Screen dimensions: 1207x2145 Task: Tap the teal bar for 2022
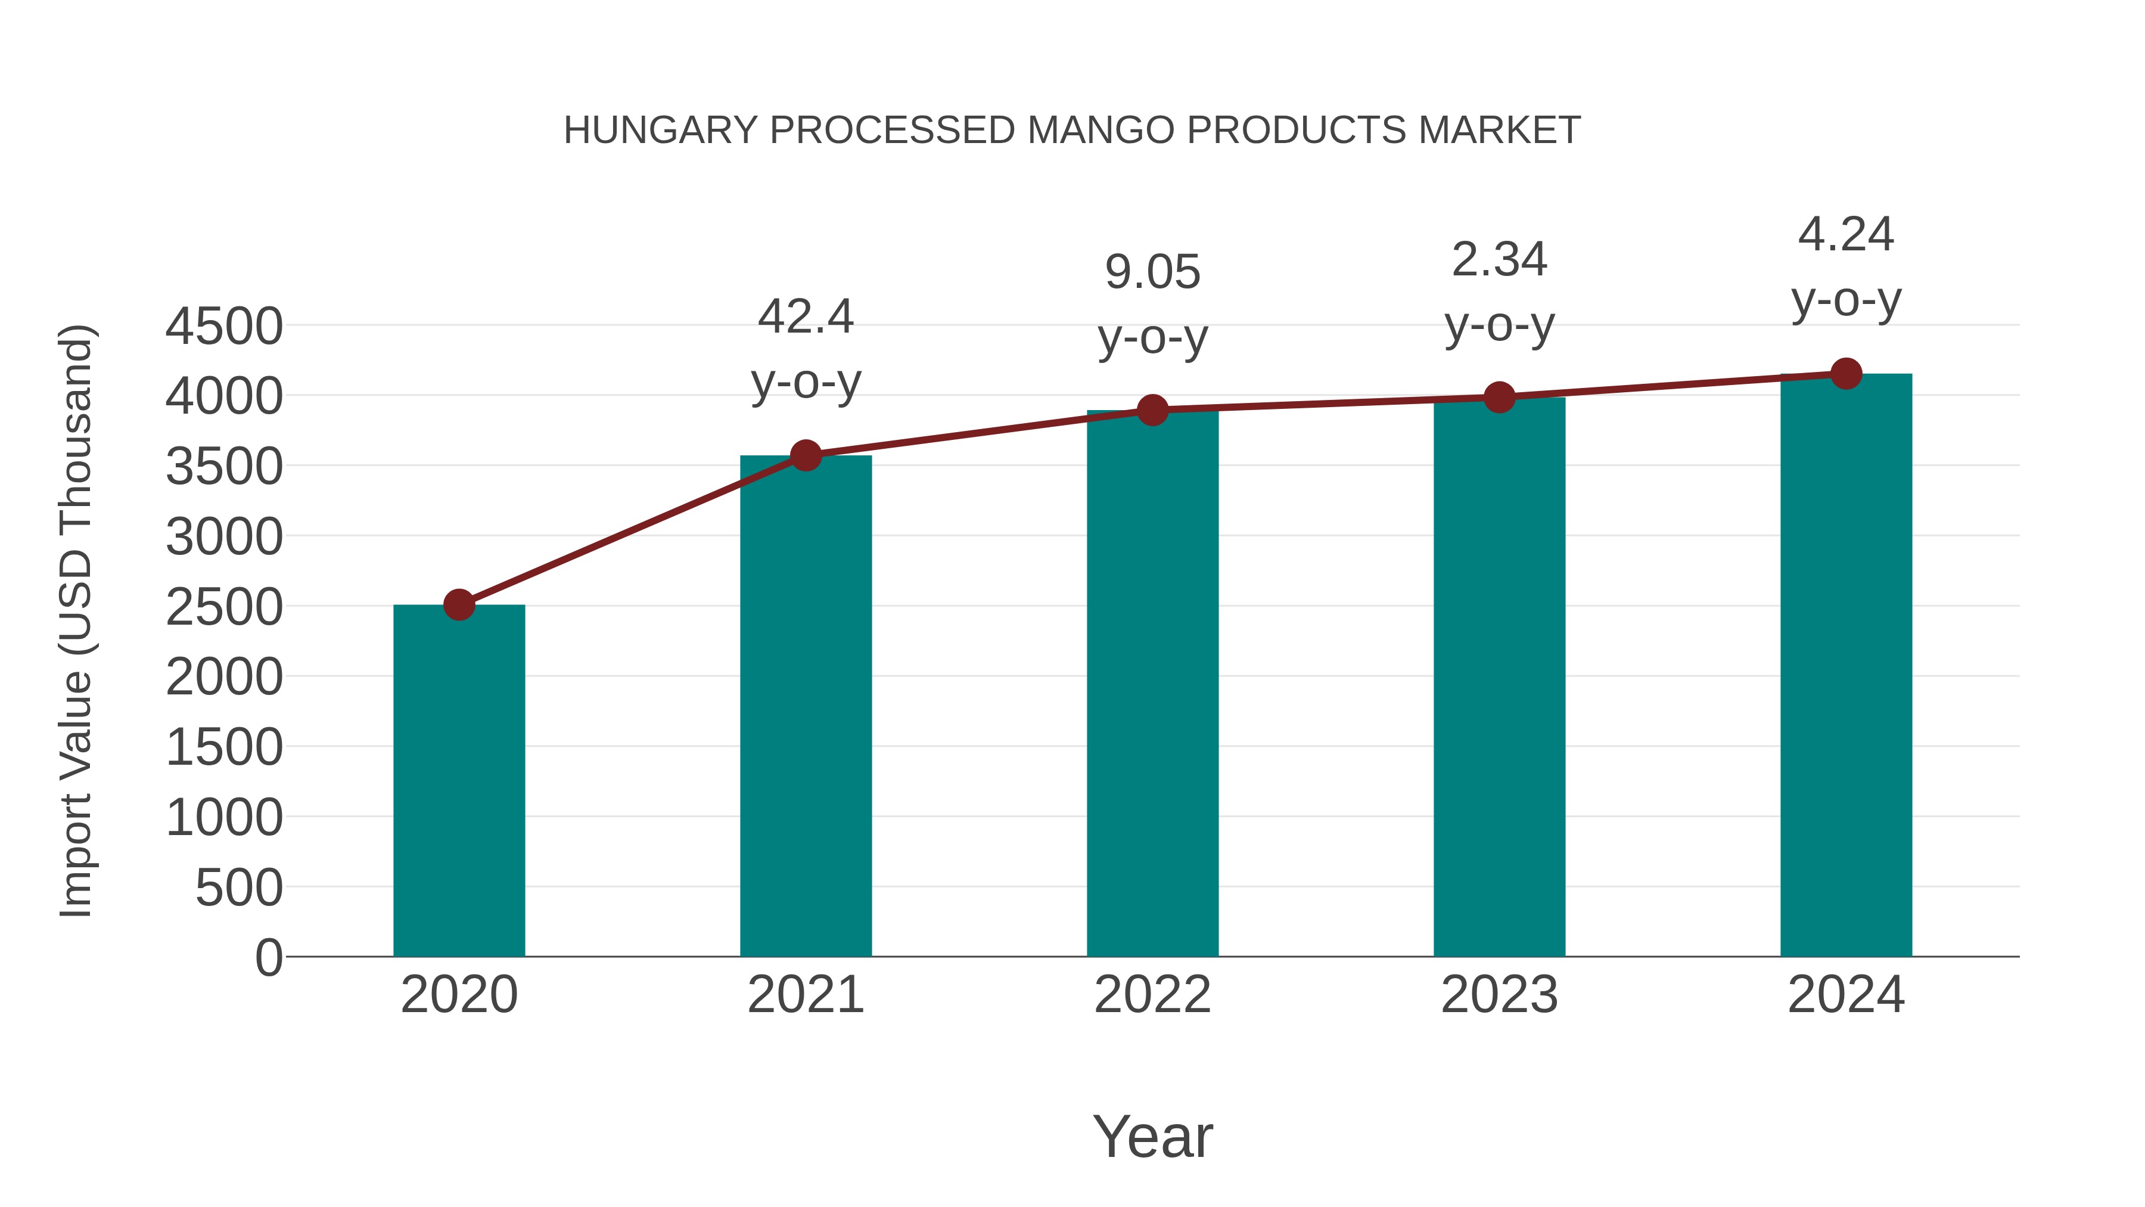1152,683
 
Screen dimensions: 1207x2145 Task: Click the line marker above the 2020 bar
459,605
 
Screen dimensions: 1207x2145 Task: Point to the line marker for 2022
1152,410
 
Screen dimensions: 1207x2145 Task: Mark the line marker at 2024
1846,374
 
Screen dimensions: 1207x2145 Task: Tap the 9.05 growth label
1152,272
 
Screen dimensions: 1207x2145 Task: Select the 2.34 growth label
1499,260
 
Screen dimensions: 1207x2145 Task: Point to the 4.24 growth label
1846,234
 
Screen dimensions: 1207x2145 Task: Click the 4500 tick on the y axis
224,327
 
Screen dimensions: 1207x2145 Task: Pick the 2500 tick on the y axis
224,607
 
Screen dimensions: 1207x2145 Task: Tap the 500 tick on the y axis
239,888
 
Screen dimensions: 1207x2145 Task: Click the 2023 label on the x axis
1499,995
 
